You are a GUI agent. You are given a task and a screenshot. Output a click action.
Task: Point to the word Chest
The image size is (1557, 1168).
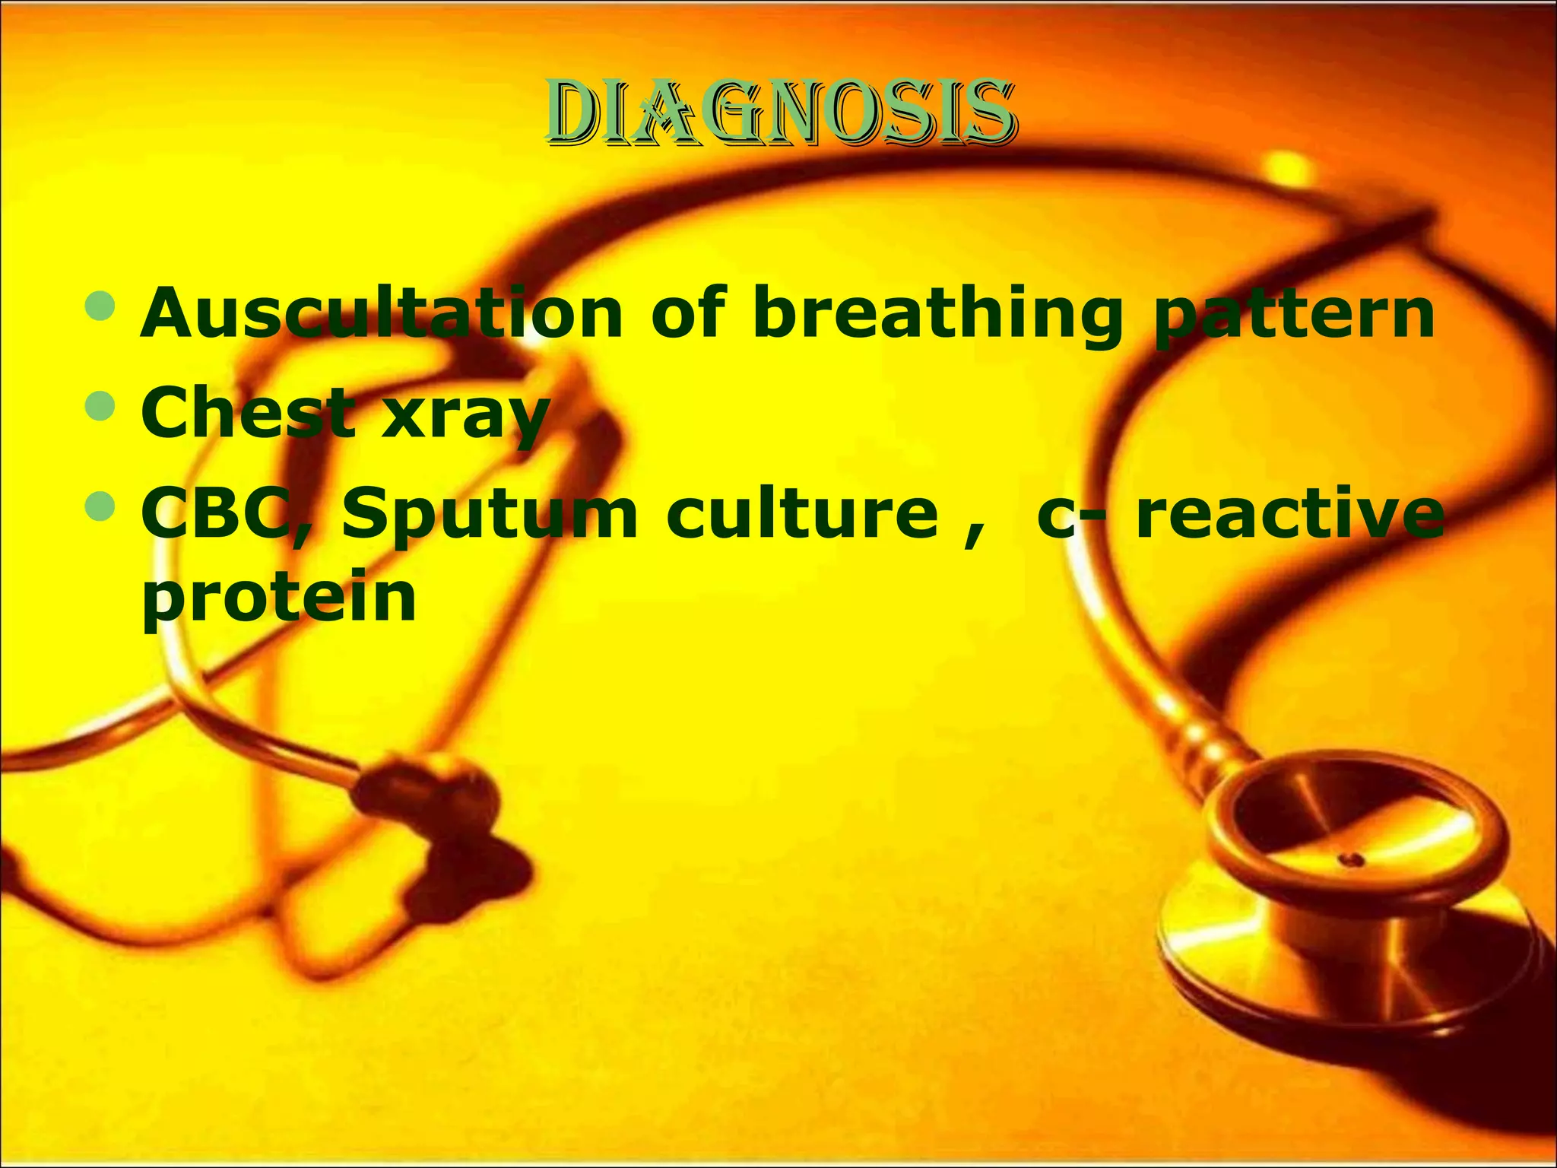[248, 413]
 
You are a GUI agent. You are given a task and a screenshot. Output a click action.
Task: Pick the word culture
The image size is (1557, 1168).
[803, 514]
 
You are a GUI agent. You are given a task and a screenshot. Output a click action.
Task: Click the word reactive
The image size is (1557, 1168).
[1289, 514]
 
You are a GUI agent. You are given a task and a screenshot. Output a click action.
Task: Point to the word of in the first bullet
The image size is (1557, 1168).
[687, 313]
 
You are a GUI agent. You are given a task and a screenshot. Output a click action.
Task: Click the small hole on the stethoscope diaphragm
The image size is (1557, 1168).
[1352, 860]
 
